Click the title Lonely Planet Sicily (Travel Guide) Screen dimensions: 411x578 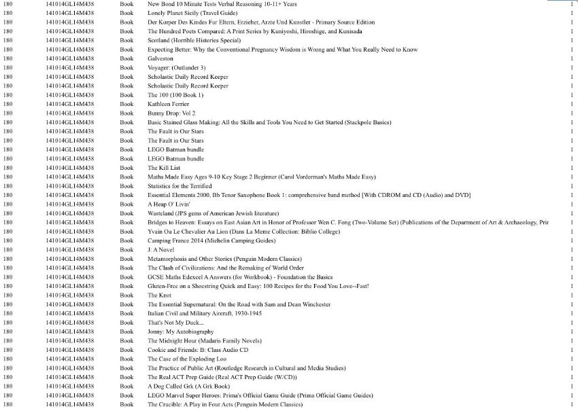192,13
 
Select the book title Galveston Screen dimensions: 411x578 160,58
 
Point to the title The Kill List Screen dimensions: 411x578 164,167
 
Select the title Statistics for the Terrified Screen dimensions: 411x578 180,185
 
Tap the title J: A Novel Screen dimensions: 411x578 160,249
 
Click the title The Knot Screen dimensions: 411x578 159,295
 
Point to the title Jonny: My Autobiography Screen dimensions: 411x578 180,332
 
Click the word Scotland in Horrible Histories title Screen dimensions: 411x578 160,40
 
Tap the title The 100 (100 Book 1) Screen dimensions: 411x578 175,94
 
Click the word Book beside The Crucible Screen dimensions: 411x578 126,404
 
